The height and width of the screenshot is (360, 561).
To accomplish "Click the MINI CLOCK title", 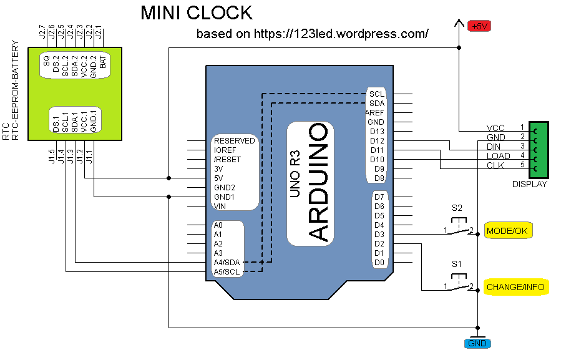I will (x=196, y=12).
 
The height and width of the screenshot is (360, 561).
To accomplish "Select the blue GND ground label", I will (x=477, y=343).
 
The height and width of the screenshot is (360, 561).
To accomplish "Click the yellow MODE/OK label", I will (x=507, y=231).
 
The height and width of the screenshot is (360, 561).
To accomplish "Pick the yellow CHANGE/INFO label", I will (x=515, y=287).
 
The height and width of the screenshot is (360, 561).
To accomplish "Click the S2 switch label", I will (x=457, y=208).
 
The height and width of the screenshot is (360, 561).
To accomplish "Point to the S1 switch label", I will (x=457, y=264).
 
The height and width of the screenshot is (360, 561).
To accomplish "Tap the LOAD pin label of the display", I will (x=498, y=156).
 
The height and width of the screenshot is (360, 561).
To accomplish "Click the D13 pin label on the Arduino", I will (x=376, y=131).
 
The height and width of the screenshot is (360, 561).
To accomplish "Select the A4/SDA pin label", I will (x=227, y=263).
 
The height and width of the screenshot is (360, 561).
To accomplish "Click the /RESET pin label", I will (x=227, y=159).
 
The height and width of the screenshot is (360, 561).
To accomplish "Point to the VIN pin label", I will (x=220, y=206).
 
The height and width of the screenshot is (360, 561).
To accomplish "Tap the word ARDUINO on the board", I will (x=319, y=182).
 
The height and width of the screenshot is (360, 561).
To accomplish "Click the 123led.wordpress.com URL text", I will (x=341, y=34).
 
